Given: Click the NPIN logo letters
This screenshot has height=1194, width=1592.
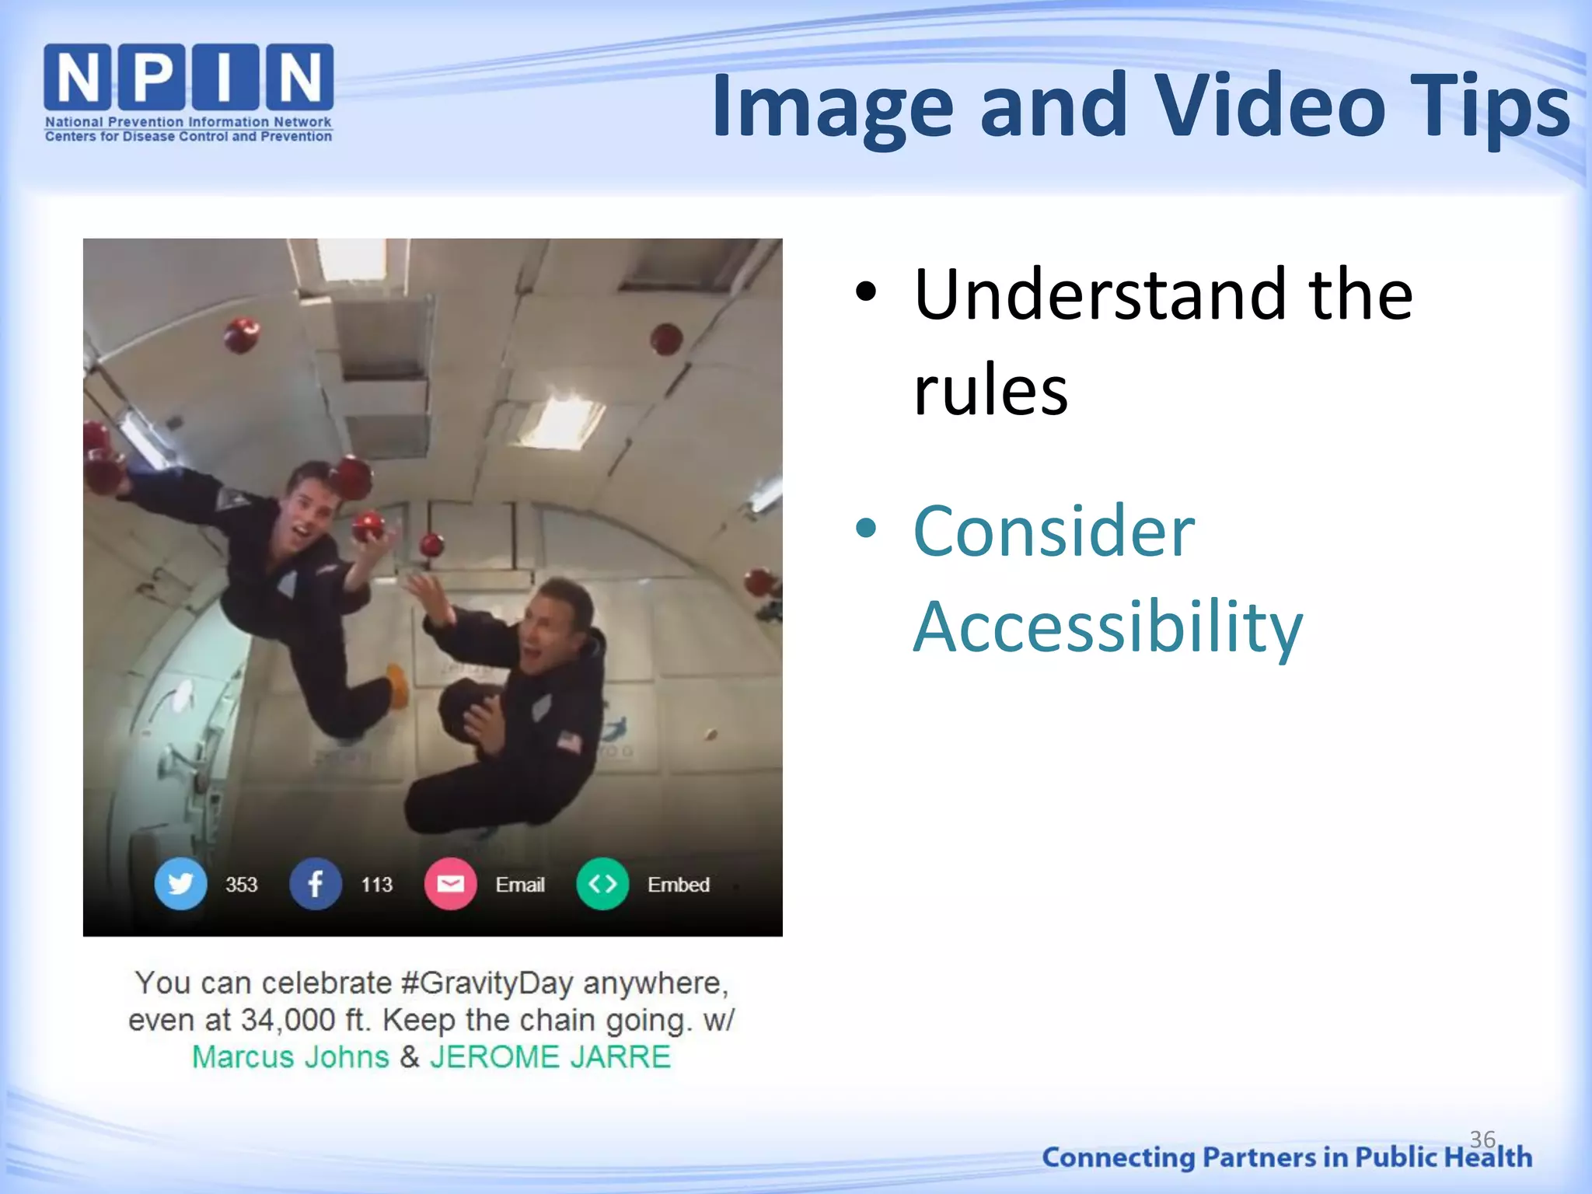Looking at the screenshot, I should coord(188,76).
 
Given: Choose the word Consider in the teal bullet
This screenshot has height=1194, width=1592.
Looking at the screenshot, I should coord(1053,532).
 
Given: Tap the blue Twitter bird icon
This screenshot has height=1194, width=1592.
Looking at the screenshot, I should coord(180,884).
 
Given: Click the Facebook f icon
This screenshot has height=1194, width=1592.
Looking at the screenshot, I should coord(315,884).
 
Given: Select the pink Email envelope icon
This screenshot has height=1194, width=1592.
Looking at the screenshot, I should coord(450,884).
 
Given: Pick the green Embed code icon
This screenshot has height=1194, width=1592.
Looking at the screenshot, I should coord(602,884).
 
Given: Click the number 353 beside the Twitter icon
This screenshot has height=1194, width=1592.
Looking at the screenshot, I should coord(241,885).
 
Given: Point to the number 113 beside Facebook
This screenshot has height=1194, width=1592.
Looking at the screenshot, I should coord(376,885).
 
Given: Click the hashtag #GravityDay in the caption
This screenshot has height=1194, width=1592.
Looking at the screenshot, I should coord(487,983).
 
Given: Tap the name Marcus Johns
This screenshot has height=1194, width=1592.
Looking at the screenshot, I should coord(290,1057).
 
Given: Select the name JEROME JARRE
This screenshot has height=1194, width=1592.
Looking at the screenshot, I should coord(550,1057).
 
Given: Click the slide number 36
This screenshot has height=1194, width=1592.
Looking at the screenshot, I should coord(1482,1139).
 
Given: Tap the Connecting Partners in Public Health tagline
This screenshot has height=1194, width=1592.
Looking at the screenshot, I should coord(1287,1157).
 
